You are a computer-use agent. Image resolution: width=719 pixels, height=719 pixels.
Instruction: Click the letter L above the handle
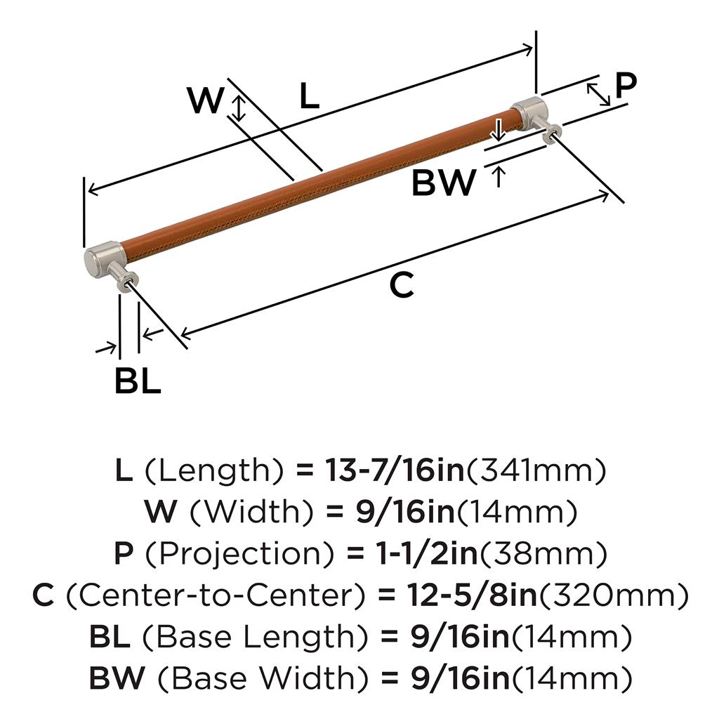point(309,96)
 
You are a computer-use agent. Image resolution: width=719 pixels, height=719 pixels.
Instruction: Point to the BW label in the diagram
point(444,183)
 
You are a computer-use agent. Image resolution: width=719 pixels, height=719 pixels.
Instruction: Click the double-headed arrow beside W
point(239,108)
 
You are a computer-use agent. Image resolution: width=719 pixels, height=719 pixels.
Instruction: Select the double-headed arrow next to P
point(598,94)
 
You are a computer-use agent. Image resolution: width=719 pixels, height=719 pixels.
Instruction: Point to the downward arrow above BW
point(498,131)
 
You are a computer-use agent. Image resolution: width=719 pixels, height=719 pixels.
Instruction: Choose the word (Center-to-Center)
point(216,596)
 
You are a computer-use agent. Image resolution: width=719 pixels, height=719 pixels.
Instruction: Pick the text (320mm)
point(612,596)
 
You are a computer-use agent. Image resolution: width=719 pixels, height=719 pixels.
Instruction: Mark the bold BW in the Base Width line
point(117,678)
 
